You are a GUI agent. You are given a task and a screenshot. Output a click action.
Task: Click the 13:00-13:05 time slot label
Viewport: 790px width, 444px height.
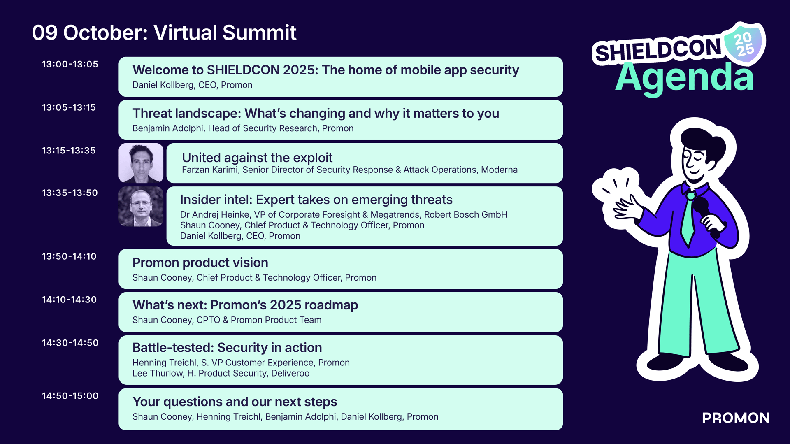(70, 64)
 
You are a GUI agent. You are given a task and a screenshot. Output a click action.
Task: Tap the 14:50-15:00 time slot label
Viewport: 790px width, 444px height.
(70, 396)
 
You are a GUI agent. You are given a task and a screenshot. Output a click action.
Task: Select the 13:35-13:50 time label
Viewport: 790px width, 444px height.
(70, 193)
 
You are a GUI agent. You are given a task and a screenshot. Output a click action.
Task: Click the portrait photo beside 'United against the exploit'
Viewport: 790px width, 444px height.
(141, 163)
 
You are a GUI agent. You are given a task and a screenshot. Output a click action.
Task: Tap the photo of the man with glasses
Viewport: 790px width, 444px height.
(141, 207)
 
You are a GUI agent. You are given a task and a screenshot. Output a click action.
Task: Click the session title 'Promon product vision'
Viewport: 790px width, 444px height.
(200, 263)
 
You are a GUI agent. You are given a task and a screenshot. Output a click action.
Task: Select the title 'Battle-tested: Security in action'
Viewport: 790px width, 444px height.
(227, 348)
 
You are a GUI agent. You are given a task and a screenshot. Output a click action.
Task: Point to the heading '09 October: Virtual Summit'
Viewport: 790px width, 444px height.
(164, 33)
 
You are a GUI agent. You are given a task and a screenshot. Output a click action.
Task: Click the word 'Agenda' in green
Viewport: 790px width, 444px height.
(684, 78)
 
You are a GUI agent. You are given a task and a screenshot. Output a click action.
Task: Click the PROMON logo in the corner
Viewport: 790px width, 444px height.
(736, 418)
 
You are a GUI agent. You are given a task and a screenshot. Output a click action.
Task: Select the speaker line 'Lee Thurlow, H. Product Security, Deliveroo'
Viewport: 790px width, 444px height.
(221, 373)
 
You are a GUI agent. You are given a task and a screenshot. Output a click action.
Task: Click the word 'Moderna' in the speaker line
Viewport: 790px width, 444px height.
(500, 170)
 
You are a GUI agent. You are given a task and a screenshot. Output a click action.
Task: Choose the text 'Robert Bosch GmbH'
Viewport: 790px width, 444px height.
(466, 214)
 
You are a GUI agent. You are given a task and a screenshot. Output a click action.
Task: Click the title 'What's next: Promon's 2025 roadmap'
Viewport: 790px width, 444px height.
(245, 305)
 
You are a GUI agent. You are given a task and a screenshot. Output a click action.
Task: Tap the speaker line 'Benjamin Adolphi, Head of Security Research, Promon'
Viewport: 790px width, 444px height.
(243, 128)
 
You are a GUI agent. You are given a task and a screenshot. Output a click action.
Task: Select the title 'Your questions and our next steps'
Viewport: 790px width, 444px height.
(235, 402)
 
